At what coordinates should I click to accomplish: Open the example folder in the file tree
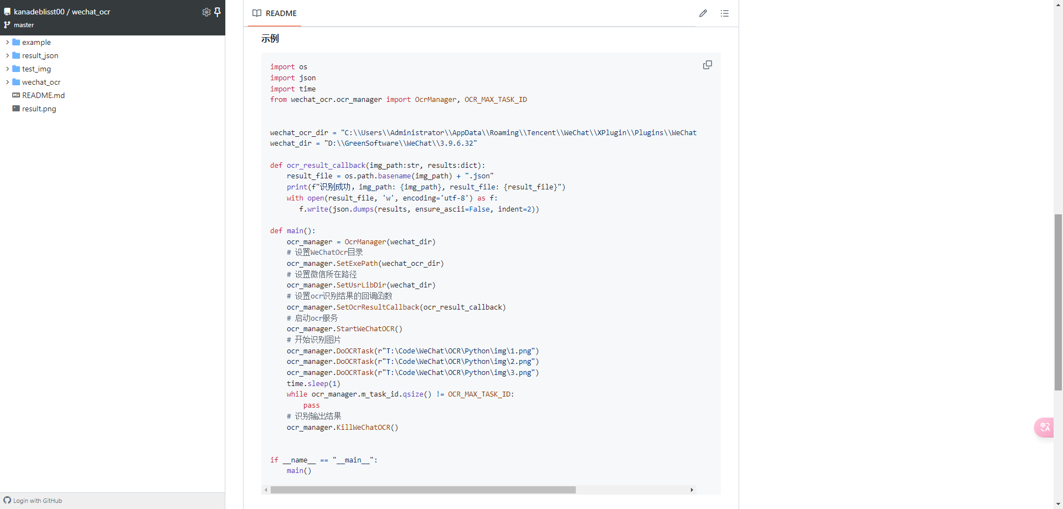[x=36, y=42]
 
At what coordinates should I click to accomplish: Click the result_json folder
[x=40, y=55]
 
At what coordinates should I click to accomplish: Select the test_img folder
[x=36, y=69]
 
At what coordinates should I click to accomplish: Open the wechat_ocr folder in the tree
[x=41, y=82]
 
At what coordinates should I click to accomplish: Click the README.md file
[x=43, y=95]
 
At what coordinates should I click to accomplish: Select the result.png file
[x=39, y=109]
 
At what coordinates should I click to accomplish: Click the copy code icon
[x=708, y=65]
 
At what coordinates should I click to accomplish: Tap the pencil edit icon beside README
[x=703, y=13]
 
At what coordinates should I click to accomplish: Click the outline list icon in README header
[x=725, y=13]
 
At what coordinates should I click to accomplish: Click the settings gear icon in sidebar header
[x=207, y=12]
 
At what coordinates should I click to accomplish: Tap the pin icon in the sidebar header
[x=218, y=12]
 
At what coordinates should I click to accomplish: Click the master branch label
[x=24, y=25]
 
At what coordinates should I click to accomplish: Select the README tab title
[x=281, y=13]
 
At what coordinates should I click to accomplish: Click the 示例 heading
[x=270, y=39]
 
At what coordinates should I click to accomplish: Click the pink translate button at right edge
[x=1045, y=427]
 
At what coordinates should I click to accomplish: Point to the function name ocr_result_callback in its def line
[x=326, y=166]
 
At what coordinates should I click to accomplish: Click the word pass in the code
[x=312, y=405]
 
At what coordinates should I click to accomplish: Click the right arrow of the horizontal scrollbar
[x=692, y=490]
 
